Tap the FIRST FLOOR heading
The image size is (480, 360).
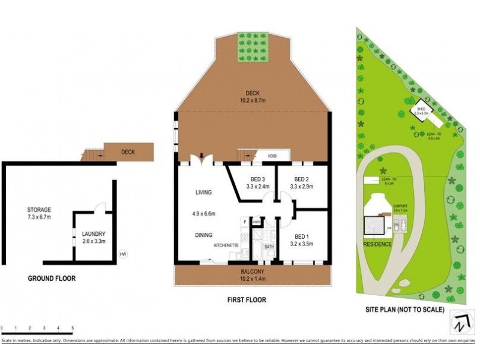pyautogui.click(x=247, y=299)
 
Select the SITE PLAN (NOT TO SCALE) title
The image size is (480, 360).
pyautogui.click(x=405, y=310)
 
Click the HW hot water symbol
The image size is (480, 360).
pyautogui.click(x=124, y=253)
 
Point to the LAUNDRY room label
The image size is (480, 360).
pyautogui.click(x=94, y=234)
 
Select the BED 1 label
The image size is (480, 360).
pyautogui.click(x=302, y=236)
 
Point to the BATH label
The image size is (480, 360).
pyautogui.click(x=269, y=246)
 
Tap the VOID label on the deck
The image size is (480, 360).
pyautogui.click(x=272, y=156)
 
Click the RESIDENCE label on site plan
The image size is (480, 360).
pyautogui.click(x=377, y=244)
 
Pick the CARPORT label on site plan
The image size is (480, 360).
pyautogui.click(x=400, y=205)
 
